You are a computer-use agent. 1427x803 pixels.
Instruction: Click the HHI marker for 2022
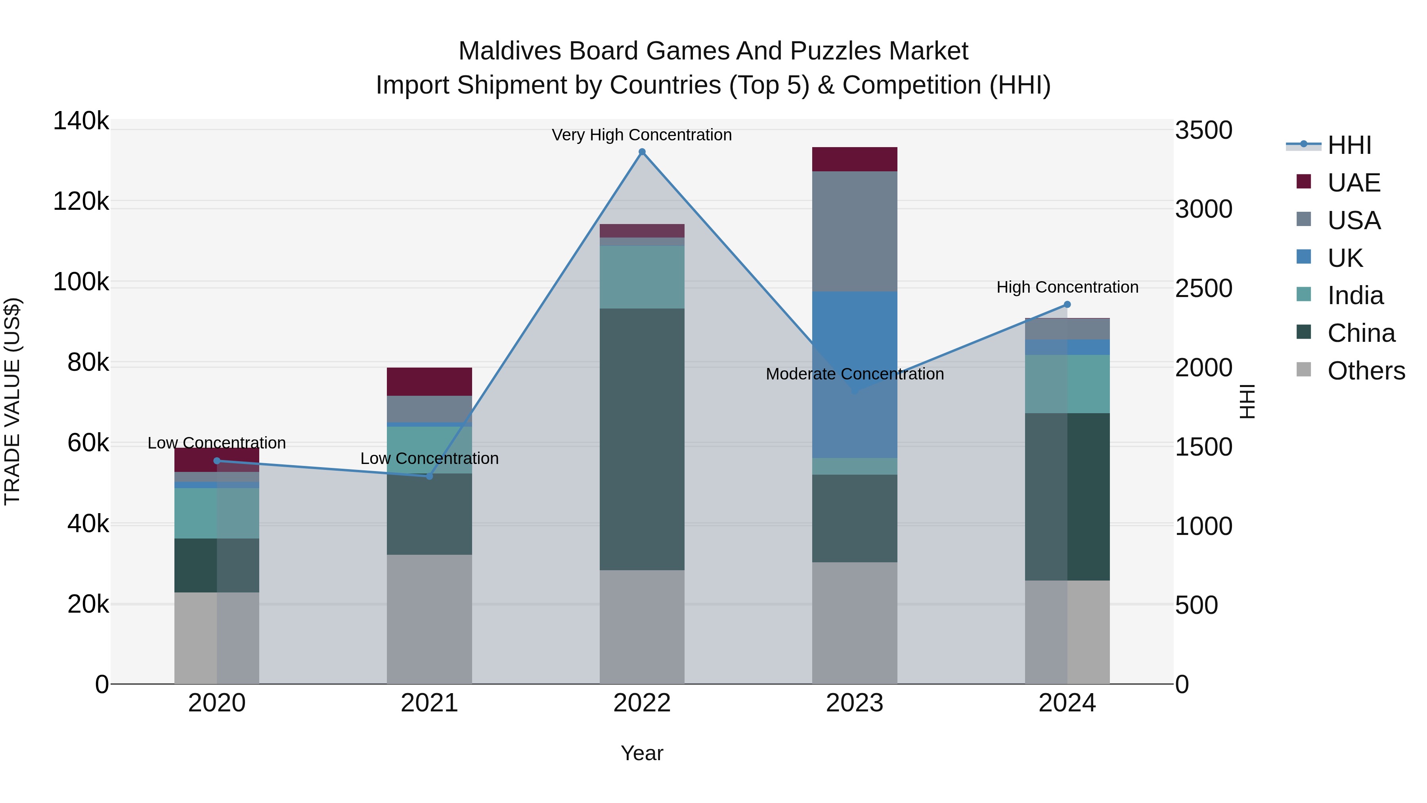click(642, 152)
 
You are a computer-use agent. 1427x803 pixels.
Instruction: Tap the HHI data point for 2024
click(1067, 304)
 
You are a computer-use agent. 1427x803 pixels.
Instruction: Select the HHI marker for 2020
click(216, 460)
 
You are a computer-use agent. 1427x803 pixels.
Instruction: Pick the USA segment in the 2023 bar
click(854, 231)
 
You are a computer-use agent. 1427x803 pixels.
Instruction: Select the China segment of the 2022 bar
click(642, 439)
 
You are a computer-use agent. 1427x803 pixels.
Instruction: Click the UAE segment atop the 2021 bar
click(429, 381)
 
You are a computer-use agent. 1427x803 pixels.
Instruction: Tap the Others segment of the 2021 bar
click(429, 619)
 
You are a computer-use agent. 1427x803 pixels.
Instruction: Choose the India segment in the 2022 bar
click(642, 277)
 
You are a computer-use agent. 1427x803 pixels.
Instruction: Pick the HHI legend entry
click(1349, 145)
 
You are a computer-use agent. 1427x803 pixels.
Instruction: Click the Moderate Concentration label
click(854, 374)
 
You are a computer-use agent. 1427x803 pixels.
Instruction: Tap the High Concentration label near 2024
click(1067, 287)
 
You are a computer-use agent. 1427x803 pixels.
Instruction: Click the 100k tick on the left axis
click(81, 282)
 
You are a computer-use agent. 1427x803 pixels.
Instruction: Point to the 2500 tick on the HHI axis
click(1203, 289)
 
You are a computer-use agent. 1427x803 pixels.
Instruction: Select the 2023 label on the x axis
click(854, 703)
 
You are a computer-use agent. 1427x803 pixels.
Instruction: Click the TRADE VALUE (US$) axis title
click(13, 401)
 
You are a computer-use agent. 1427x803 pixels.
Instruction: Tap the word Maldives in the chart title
click(510, 51)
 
